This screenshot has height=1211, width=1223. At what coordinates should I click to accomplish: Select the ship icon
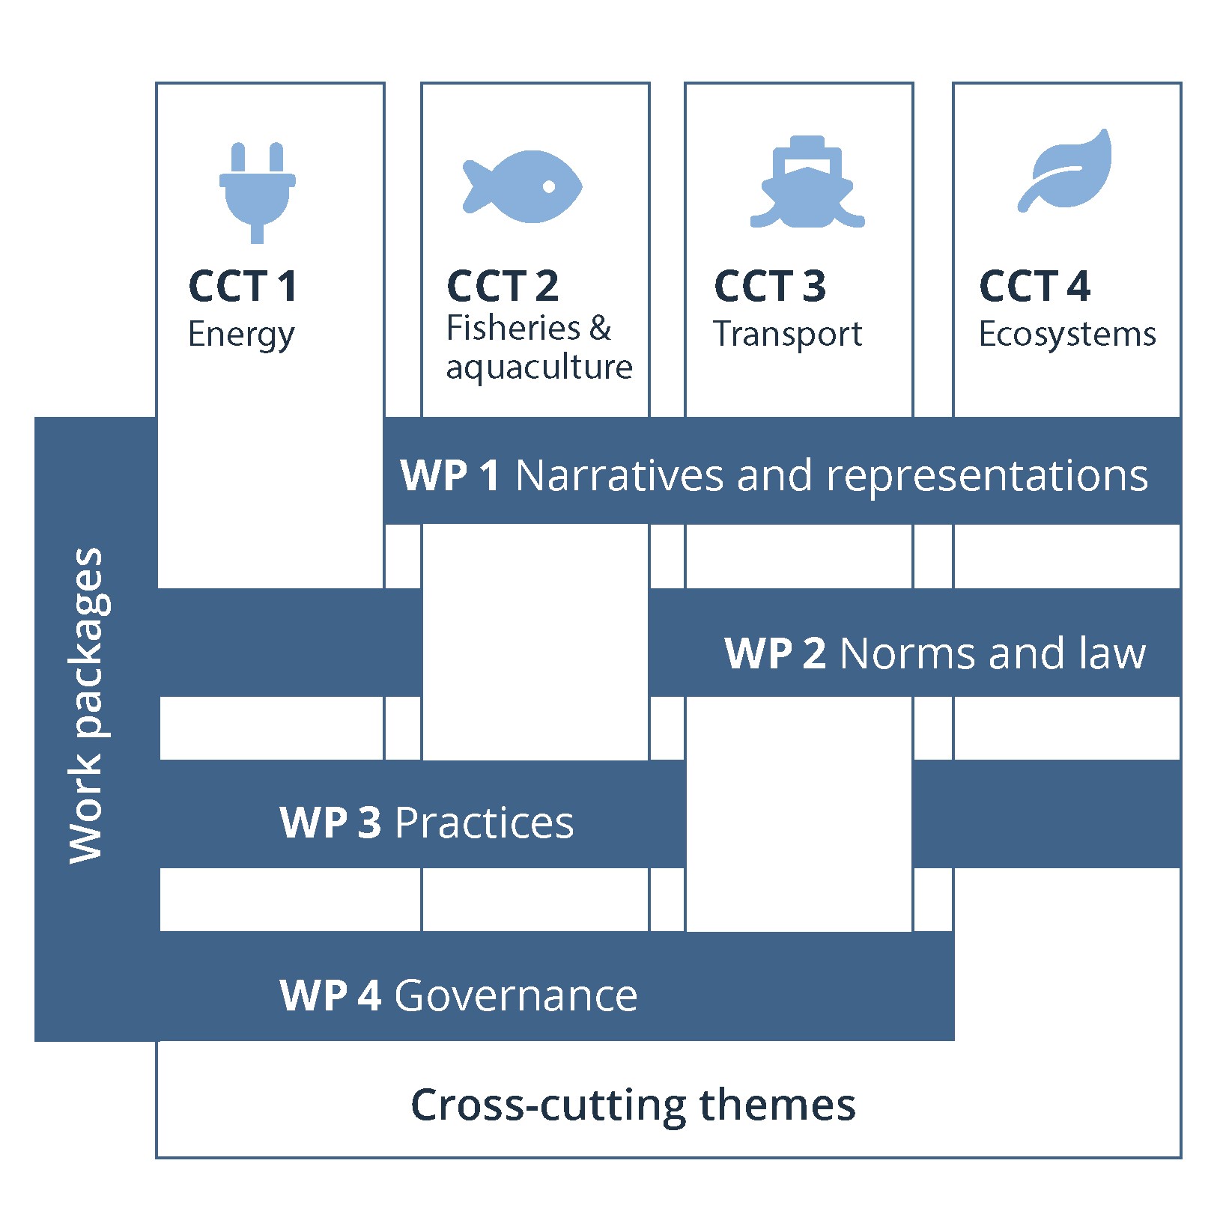click(x=807, y=183)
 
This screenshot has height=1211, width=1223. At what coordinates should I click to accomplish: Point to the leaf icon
click(x=1065, y=171)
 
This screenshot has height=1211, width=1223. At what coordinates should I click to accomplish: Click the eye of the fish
click(x=549, y=186)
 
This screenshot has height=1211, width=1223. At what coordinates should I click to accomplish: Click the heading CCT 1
click(x=243, y=286)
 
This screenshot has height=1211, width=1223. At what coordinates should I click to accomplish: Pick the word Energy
click(x=241, y=335)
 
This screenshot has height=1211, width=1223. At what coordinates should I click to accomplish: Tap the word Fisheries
click(x=513, y=328)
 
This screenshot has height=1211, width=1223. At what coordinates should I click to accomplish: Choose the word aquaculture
click(x=539, y=367)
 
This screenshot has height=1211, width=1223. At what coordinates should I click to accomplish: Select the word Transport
click(x=787, y=334)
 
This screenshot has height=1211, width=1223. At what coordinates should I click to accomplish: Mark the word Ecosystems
click(x=1067, y=334)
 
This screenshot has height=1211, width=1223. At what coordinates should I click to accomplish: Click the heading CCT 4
click(x=1034, y=286)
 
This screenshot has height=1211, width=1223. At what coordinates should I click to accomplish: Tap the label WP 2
click(x=775, y=653)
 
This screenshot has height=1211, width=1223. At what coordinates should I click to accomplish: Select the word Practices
click(x=484, y=823)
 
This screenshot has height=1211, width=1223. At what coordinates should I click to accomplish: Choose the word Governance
click(x=516, y=995)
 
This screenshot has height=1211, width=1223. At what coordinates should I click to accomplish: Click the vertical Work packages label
click(x=87, y=705)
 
